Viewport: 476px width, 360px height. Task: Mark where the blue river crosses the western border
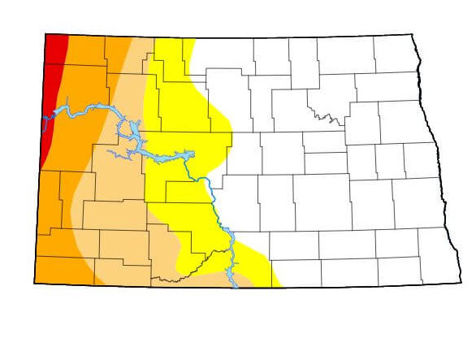pos(45,119)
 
